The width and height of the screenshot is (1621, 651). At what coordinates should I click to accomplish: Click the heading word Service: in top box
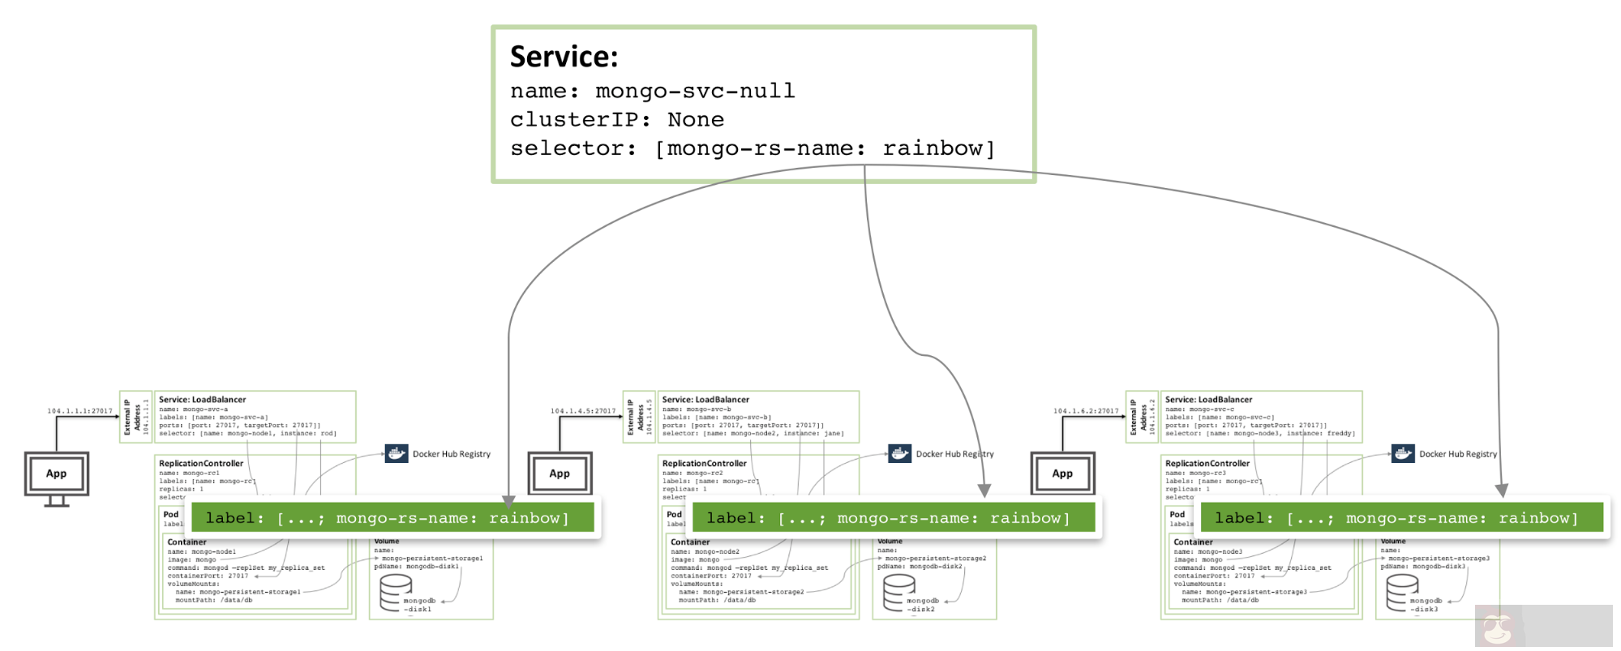click(x=564, y=57)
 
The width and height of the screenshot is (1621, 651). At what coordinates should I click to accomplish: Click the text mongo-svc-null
click(x=695, y=91)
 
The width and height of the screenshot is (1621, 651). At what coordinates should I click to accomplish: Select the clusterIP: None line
click(x=616, y=120)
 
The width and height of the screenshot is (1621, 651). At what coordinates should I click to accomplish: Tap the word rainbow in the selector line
click(x=933, y=148)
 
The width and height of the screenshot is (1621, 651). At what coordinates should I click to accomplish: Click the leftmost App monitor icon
click(x=56, y=475)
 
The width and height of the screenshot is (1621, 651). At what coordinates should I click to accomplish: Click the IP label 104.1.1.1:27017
click(x=79, y=411)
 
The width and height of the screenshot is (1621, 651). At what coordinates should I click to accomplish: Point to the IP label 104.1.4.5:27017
click(x=583, y=411)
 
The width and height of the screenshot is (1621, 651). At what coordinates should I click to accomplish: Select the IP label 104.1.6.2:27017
click(x=1086, y=411)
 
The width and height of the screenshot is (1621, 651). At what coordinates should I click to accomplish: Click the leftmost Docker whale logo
click(x=397, y=453)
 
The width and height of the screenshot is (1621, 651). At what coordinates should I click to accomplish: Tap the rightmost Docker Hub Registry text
click(x=1457, y=454)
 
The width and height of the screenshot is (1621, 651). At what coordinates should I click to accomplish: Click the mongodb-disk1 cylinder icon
click(x=396, y=592)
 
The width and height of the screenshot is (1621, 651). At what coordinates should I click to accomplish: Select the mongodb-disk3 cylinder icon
click(x=1402, y=592)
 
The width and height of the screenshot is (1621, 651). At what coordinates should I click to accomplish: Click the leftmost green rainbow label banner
click(x=392, y=517)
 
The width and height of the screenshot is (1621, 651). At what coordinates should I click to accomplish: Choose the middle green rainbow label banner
click(x=893, y=517)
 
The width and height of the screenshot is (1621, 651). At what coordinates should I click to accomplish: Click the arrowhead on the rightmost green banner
click(x=1501, y=490)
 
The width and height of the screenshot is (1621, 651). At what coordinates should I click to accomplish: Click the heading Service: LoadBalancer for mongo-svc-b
click(x=705, y=400)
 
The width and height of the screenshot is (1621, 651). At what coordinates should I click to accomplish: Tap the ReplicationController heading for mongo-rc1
click(x=200, y=464)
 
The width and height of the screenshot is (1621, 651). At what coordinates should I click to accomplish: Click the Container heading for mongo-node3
click(x=1193, y=542)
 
